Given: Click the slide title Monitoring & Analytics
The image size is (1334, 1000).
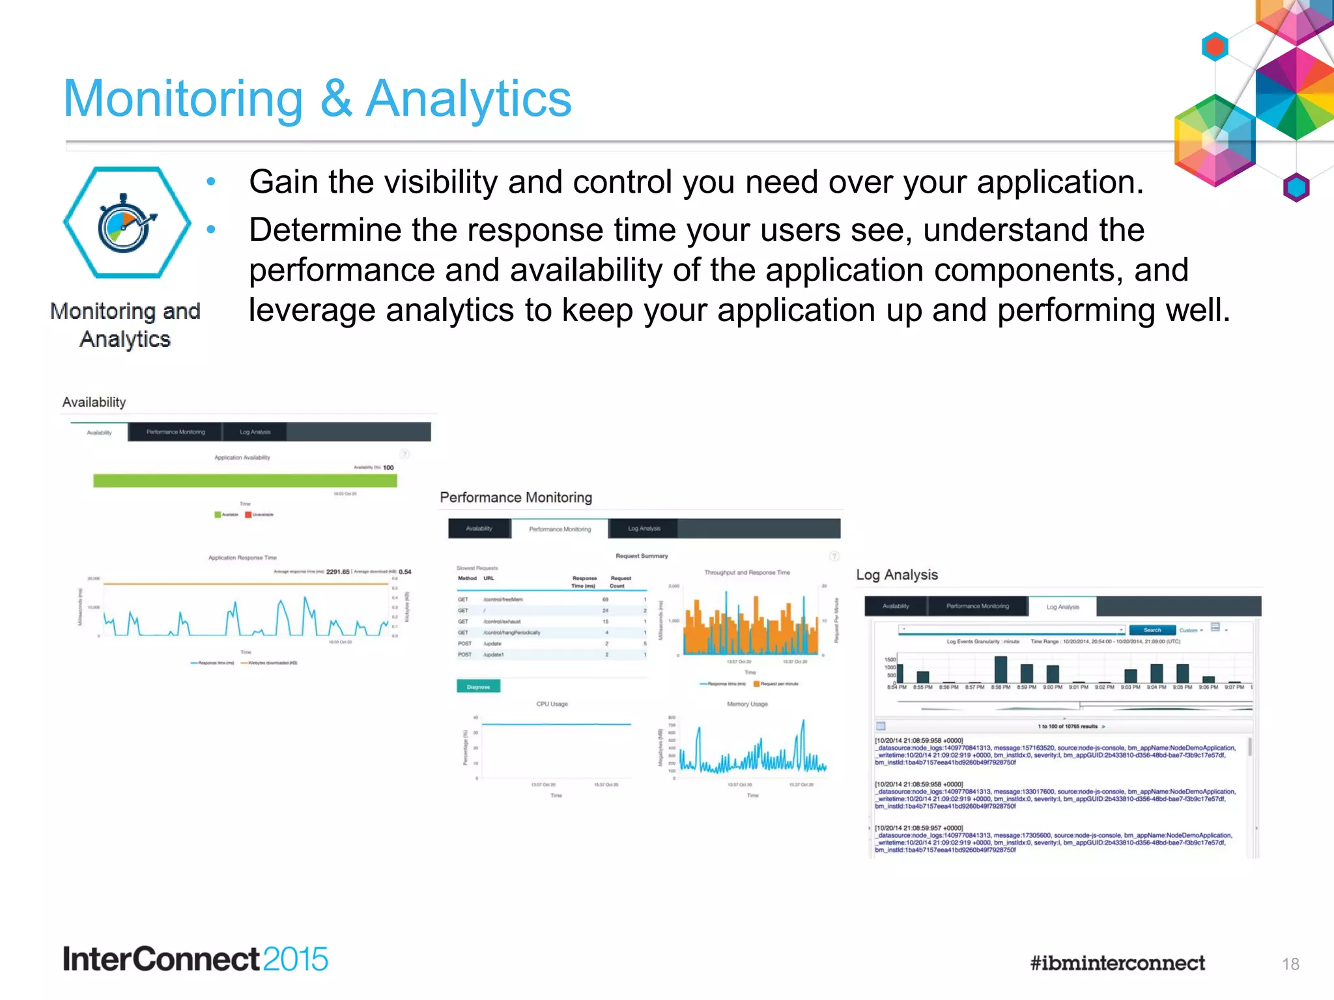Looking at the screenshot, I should [x=317, y=99].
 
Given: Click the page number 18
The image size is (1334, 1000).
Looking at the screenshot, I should [x=1290, y=964].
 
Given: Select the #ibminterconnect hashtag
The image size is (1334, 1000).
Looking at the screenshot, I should [x=1117, y=963].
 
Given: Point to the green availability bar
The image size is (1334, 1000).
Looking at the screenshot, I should [x=245, y=480].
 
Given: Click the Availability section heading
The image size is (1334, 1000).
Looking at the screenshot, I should [x=94, y=402].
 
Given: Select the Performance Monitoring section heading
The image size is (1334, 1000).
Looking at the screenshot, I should [x=516, y=497].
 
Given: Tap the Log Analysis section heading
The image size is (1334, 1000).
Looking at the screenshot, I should [x=896, y=575].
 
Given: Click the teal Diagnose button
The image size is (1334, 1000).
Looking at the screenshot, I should [x=478, y=686].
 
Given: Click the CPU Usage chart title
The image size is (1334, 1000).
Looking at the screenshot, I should [x=552, y=704].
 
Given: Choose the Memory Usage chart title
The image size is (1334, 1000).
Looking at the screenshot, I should [x=747, y=704].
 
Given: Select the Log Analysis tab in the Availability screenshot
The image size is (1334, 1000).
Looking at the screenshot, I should [x=255, y=432].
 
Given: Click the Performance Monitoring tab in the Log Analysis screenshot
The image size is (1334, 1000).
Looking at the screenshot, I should [x=977, y=606].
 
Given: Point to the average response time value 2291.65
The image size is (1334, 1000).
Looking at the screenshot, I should [x=337, y=572].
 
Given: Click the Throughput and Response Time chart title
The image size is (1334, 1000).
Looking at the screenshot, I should [x=746, y=573].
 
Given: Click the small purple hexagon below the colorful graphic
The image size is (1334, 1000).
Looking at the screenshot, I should [x=1296, y=187].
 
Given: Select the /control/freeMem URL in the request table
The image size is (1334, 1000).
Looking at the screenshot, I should [x=503, y=600].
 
